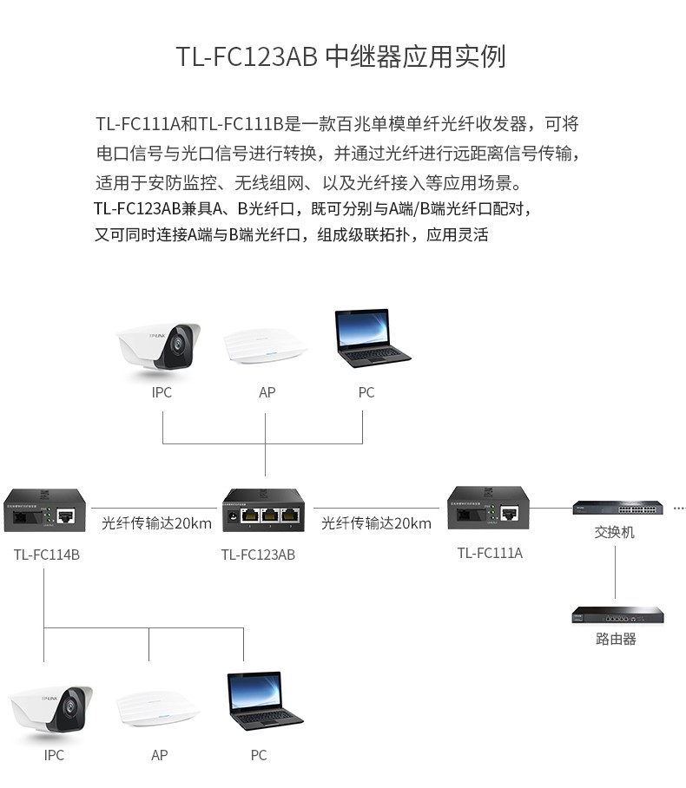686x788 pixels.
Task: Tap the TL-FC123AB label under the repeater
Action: (x=258, y=555)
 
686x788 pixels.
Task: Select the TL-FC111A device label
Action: (x=490, y=553)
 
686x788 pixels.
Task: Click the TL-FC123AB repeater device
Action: (x=263, y=510)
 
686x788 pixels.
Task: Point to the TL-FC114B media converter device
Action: (x=47, y=510)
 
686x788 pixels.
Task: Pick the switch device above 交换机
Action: (x=616, y=506)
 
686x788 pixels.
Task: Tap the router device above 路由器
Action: (x=617, y=615)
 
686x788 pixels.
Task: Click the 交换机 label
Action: (x=615, y=532)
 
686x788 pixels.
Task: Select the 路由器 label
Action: (x=617, y=639)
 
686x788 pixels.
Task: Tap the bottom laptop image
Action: (x=263, y=701)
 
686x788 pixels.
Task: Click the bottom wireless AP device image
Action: (x=157, y=706)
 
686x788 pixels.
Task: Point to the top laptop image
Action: (x=372, y=338)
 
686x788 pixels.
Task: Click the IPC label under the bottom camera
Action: (x=54, y=755)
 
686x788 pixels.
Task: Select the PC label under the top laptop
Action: (x=366, y=392)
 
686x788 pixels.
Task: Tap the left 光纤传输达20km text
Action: (x=156, y=523)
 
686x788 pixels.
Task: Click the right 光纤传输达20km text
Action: (x=376, y=523)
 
